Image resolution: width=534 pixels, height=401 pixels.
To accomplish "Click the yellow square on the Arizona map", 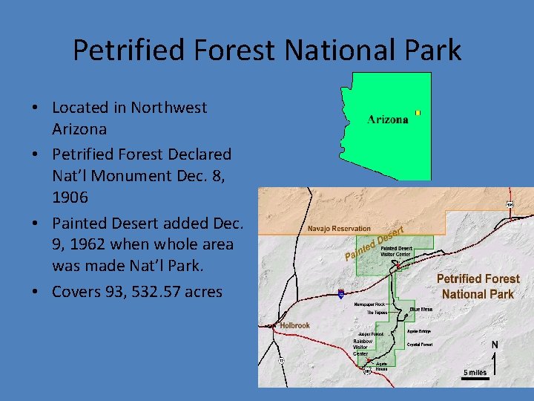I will pos(418,113).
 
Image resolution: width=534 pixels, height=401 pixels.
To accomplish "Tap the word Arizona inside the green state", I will pos(388,120).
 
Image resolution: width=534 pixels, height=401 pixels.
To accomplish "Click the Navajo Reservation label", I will pos(339,229).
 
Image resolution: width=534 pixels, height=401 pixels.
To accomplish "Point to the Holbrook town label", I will pos(295,325).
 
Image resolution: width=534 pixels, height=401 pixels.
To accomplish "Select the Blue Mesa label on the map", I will pos(421,310).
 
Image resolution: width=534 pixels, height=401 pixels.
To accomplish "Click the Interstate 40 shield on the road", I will pos(340,294).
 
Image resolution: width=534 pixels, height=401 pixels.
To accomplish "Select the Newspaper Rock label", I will pos(369,304).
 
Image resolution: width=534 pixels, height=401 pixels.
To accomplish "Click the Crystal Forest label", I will pos(421,345).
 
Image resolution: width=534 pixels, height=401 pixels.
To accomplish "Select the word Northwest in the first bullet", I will pos(168,108).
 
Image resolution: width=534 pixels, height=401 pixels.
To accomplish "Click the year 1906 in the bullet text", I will pos(72,198).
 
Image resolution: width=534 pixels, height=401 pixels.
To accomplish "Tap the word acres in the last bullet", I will pos(199,292).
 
